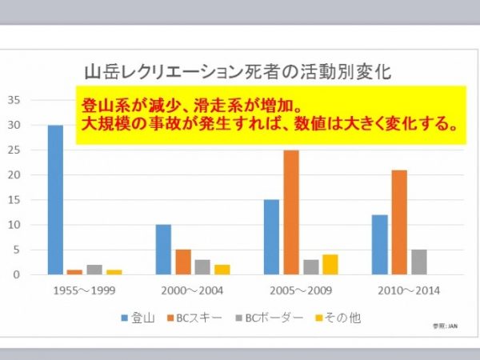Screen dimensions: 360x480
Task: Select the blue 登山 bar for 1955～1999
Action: click(x=55, y=200)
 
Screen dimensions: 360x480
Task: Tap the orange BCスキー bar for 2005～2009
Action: click(x=290, y=212)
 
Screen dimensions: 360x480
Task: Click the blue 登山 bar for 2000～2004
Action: click(x=163, y=250)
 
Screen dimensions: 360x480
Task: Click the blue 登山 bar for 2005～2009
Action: click(x=272, y=237)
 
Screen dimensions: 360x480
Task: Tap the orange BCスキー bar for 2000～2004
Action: click(x=182, y=262)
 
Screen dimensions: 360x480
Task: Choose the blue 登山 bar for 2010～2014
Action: click(x=379, y=245)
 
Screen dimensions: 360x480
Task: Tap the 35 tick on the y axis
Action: click(x=14, y=100)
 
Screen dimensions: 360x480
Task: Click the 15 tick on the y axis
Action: click(x=14, y=200)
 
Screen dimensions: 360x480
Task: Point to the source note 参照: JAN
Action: click(x=446, y=327)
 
